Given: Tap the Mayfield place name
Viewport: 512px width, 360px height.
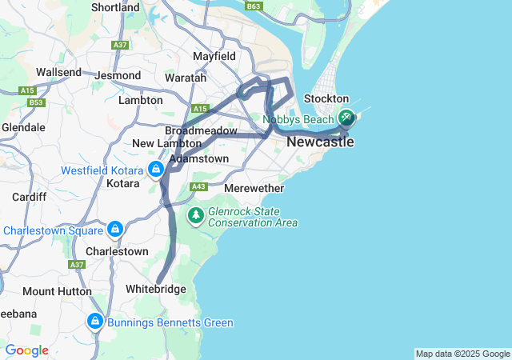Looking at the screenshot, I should (214, 57).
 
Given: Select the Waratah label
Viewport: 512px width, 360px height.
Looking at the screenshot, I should (186, 78).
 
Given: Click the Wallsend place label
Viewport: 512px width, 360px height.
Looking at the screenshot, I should (59, 72).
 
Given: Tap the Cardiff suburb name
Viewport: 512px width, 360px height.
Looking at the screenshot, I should (28, 197).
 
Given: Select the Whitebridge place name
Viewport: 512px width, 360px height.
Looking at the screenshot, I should (156, 289).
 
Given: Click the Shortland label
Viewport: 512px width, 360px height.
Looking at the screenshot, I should (116, 7).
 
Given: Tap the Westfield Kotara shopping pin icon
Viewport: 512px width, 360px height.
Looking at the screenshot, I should (155, 170).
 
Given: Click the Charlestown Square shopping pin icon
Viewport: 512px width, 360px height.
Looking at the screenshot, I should (115, 230).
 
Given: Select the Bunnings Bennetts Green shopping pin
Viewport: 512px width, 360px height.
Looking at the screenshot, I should (95, 322).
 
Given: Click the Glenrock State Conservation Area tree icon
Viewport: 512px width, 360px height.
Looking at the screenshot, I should (196, 215).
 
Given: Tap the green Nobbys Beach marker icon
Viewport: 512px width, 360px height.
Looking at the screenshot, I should (346, 118).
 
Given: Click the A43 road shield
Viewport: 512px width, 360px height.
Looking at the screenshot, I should (199, 187).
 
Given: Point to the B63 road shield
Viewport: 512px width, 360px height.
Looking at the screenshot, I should (254, 6).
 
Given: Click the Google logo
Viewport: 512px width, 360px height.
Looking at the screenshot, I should (26, 350).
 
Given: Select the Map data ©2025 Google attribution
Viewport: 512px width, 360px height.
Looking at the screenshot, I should (462, 354).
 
